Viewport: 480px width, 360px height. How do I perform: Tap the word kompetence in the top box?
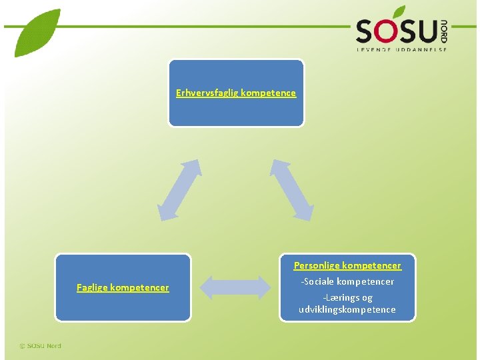click(x=268, y=93)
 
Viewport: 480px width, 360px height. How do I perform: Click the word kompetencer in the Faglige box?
click(x=141, y=288)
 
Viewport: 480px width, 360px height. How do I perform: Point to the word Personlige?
click(x=317, y=265)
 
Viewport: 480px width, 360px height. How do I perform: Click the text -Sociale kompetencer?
click(x=347, y=281)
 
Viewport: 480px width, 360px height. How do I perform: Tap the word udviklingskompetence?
click(x=347, y=309)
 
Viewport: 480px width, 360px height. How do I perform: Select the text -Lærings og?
click(x=347, y=297)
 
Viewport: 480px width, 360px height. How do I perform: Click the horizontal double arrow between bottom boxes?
click(x=235, y=287)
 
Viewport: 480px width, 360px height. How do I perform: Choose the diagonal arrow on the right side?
click(x=291, y=189)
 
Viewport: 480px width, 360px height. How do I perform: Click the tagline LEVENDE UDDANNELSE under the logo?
click(x=401, y=49)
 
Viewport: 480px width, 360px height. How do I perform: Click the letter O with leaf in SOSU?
click(x=389, y=30)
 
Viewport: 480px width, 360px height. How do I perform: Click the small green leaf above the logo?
click(x=399, y=11)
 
